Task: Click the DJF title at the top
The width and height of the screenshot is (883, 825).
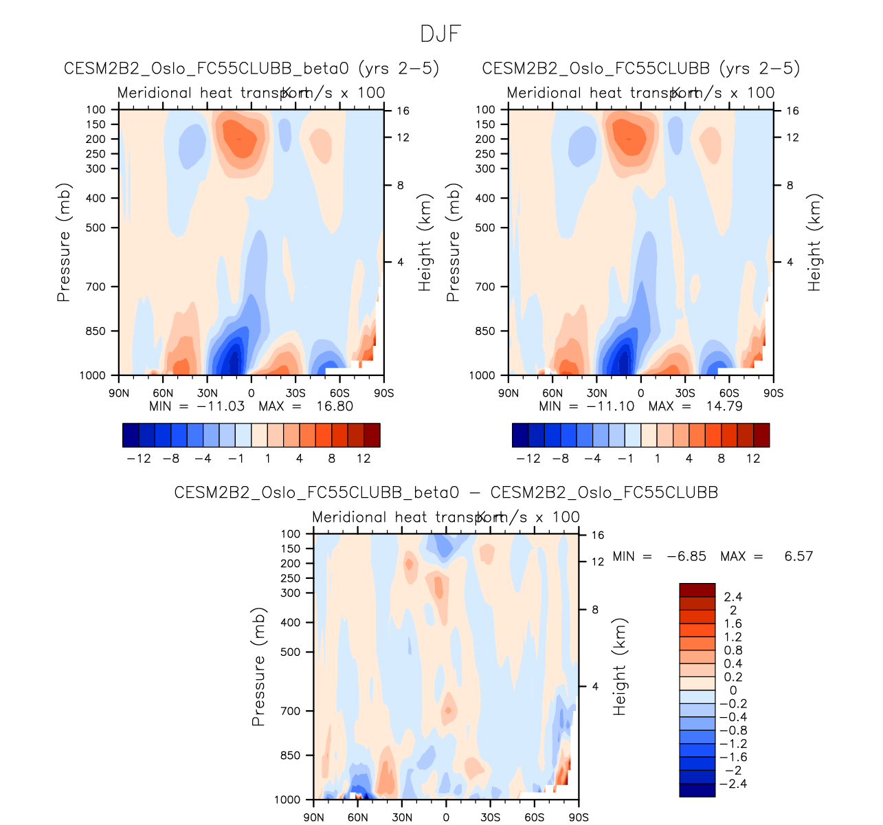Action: pos(440,34)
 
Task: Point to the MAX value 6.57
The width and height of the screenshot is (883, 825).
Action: pos(798,556)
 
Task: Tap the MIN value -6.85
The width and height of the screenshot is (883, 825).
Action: pos(686,556)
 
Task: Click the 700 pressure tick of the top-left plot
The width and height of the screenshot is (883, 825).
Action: pos(97,287)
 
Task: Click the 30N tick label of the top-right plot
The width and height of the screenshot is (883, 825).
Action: pos(596,393)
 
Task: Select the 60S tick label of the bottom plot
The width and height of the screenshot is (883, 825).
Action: pos(535,817)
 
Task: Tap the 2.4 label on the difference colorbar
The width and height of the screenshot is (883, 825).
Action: pos(733,597)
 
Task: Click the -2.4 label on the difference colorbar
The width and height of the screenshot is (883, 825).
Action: pos(731,784)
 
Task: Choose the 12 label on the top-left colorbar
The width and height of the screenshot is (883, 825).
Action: pos(364,459)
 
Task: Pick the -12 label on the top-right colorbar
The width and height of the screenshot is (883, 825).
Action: pos(528,459)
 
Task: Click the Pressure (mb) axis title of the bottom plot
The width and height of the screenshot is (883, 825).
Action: pos(258,666)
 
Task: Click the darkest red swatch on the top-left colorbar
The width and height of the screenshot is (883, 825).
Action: pos(372,435)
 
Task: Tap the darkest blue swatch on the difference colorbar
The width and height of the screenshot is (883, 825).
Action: pos(697,790)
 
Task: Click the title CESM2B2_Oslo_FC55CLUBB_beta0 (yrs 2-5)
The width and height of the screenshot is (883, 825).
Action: pos(252,69)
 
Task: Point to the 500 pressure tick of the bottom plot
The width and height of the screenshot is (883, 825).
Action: pos(291,652)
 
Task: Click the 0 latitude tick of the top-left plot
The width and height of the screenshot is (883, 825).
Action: pos(252,393)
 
